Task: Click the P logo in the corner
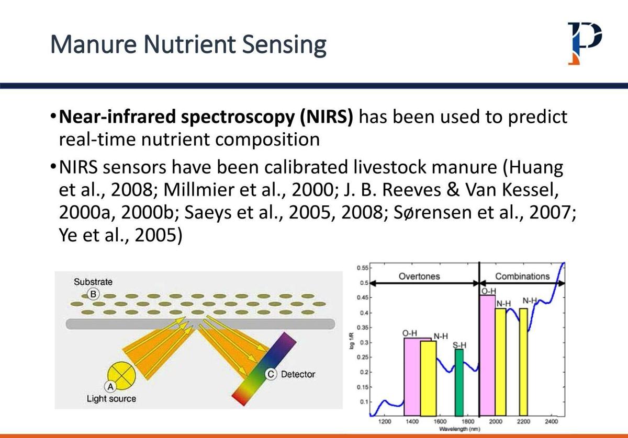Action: click(x=584, y=42)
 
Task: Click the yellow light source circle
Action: click(x=121, y=375)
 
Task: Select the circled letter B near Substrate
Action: click(x=93, y=294)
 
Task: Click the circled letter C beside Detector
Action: click(x=271, y=374)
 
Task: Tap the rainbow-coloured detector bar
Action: click(x=264, y=368)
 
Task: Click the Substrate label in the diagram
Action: click(x=93, y=282)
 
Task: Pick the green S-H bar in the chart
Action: click(x=459, y=382)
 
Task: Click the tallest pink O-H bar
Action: click(x=487, y=355)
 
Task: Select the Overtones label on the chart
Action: click(x=419, y=276)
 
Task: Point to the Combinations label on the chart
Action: click(x=522, y=276)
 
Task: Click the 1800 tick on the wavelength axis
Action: click(x=468, y=421)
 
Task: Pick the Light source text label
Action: click(x=111, y=399)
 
